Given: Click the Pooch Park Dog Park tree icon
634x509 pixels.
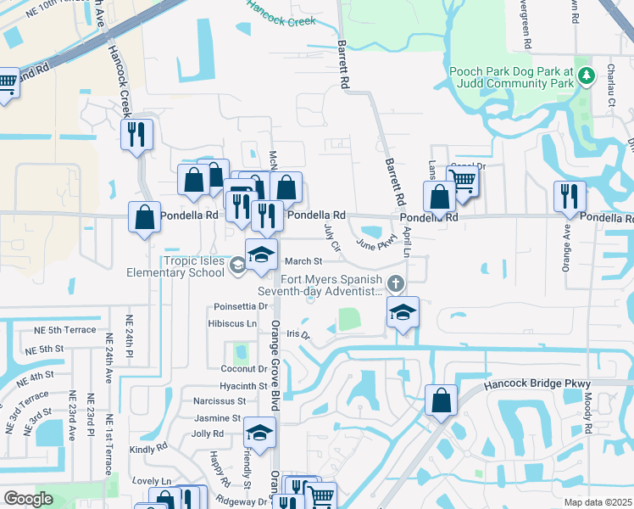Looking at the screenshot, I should tap(585, 78).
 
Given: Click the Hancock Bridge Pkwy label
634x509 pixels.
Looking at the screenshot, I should tap(537, 384).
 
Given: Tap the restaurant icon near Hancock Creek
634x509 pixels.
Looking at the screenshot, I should tap(136, 134).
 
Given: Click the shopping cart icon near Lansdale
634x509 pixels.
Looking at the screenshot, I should tap(463, 179).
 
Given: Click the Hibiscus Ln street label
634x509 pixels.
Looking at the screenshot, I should tap(232, 324).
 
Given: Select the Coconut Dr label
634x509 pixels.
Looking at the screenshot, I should tap(243, 369).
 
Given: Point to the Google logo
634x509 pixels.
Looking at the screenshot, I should tap(28, 499).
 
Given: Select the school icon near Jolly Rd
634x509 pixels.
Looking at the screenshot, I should tap(259, 433).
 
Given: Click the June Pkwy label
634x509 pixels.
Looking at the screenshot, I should tap(376, 244).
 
